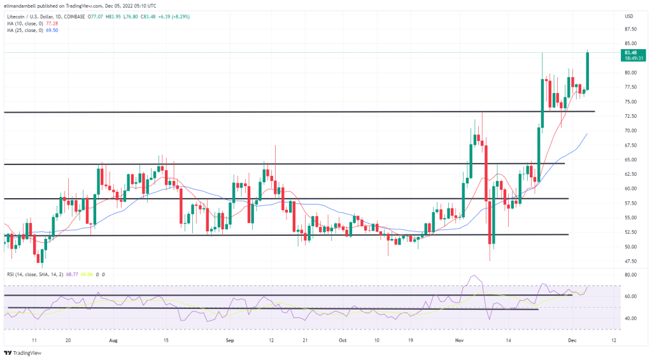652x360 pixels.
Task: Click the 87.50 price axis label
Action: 632,29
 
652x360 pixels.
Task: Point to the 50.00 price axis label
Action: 632,247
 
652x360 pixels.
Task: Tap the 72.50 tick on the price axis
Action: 632,116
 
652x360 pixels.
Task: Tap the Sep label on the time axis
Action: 230,341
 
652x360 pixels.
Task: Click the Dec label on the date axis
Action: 573,341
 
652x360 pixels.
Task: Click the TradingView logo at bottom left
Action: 22,353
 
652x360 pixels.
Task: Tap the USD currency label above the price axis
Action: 629,16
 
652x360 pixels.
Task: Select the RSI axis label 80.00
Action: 632,275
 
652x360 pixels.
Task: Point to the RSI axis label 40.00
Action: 632,318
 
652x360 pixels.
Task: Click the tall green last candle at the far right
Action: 587,70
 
